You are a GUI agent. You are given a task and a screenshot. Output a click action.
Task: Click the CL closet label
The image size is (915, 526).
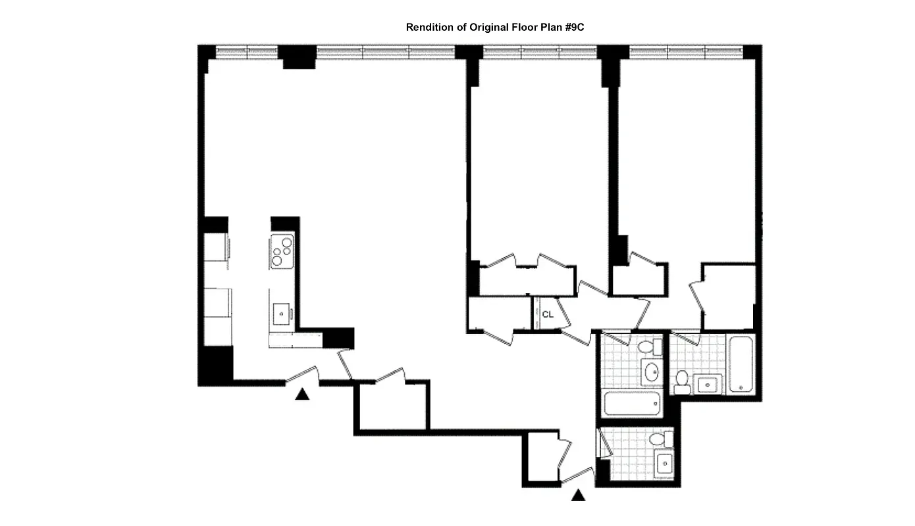pos(548,314)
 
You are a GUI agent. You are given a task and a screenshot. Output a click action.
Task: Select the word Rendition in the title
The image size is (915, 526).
pos(429,28)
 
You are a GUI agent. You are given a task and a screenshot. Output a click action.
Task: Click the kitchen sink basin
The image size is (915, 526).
pos(282,314)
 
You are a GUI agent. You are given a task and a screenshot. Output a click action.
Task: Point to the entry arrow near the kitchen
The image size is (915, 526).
pos(302,394)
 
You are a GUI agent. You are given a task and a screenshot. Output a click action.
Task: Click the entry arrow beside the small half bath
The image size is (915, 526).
pos(578,495)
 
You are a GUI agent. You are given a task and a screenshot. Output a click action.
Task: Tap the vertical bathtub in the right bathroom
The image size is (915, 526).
pos(741,365)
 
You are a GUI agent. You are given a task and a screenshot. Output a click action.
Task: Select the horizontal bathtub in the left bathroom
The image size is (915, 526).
pos(631,403)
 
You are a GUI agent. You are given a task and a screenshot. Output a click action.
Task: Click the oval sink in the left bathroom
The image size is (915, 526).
pos(652,372)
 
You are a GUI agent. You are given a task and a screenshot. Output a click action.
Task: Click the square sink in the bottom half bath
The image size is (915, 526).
pos(665,464)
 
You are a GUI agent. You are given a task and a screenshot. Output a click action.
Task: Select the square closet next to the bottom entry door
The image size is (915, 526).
pos(541,458)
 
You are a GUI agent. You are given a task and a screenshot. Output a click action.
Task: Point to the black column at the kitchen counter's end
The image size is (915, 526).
pos(339,338)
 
